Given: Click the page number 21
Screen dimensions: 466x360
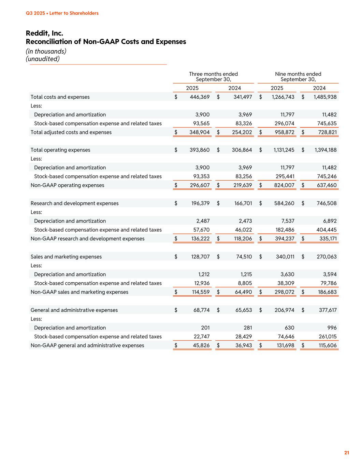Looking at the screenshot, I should [347, 453].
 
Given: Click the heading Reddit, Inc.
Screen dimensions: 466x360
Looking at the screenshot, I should [44, 33].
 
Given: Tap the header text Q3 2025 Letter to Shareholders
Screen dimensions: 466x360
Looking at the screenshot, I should [62, 13].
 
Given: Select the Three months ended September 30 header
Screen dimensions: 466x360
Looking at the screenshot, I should [213, 76].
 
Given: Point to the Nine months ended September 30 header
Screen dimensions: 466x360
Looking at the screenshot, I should [298, 76].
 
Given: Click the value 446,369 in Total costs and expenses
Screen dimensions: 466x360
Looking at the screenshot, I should [200, 97].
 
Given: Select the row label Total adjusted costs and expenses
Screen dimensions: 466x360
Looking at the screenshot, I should [71, 132].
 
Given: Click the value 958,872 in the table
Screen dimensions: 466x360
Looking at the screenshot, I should [284, 132].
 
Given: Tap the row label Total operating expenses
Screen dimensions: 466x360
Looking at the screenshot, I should [60, 150].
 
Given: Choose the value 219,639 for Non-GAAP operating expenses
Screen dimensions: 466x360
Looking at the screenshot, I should [242, 185].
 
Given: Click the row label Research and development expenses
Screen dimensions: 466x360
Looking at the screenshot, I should [74, 203].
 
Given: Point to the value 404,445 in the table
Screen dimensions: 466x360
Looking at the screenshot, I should [327, 230].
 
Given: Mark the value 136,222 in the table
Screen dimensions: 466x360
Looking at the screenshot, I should [200, 239].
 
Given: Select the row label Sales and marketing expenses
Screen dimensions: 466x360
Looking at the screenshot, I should [66, 257].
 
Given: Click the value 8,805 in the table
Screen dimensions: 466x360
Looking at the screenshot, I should [244, 283].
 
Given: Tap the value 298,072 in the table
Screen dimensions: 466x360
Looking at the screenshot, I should [284, 292].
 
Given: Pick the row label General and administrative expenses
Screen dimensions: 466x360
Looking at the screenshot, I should [74, 310].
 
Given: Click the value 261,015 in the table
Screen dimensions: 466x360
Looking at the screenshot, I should [327, 337].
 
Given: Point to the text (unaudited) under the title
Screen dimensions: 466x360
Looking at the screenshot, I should [43, 59].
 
